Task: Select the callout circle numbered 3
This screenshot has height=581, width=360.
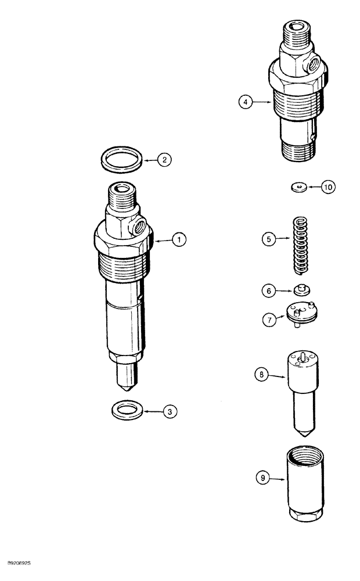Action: [169, 412]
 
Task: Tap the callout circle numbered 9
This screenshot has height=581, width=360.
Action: [262, 479]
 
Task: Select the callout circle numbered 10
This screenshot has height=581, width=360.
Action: [329, 187]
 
